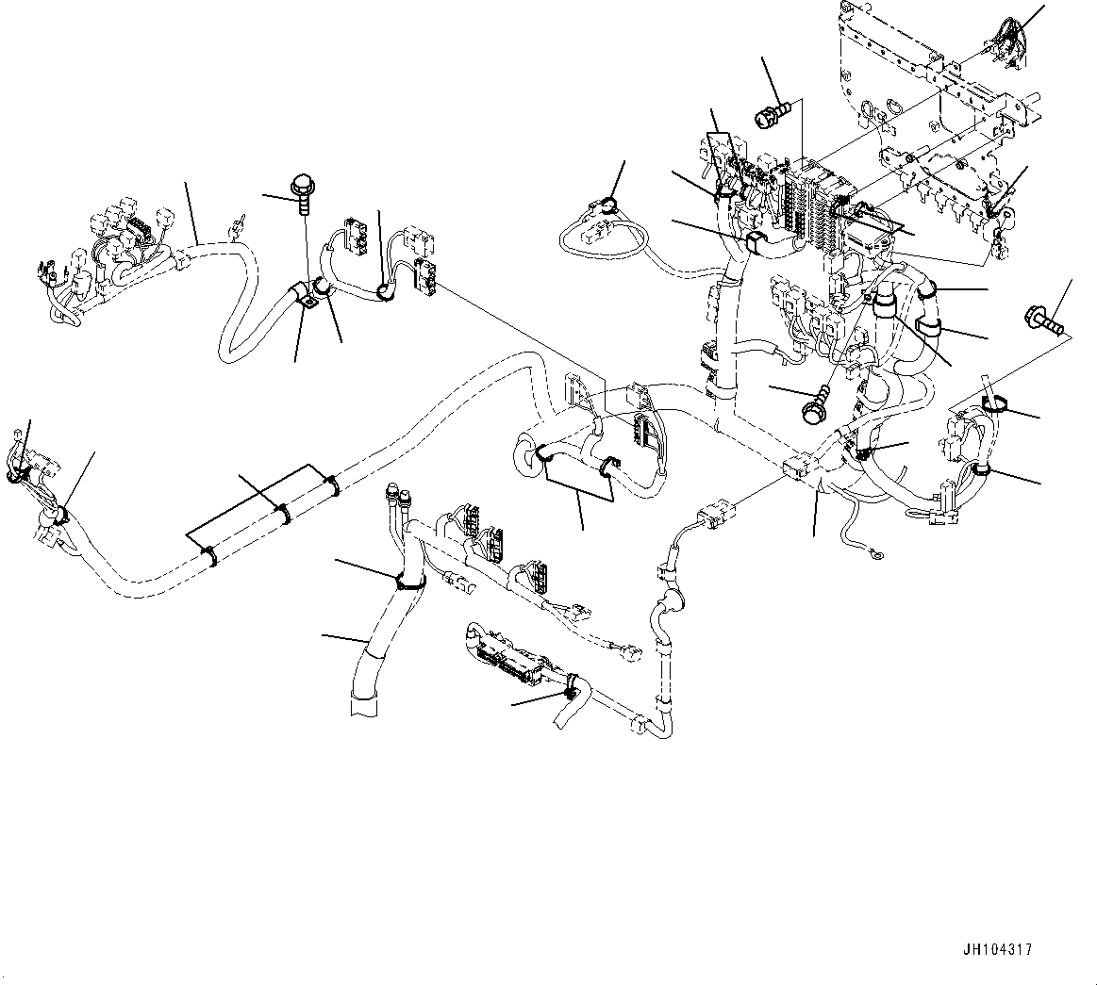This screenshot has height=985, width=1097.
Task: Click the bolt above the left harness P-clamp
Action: click(304, 190)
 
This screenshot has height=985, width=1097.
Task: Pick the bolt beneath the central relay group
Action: click(813, 404)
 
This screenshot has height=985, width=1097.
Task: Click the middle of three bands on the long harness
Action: click(284, 513)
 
